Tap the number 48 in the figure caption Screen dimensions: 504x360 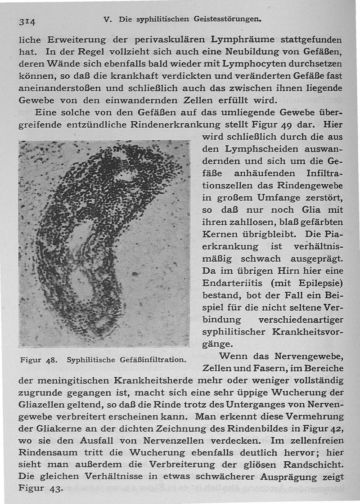pyautogui.click(x=50, y=360)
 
